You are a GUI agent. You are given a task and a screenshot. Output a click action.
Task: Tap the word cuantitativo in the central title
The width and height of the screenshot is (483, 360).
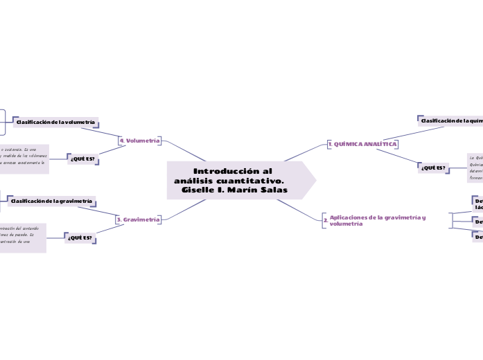pyautogui.click(x=249, y=180)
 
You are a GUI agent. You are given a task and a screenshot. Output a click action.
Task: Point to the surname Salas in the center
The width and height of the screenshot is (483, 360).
pyautogui.click(x=272, y=190)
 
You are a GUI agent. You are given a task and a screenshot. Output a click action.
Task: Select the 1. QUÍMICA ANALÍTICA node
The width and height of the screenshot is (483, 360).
pyautogui.click(x=362, y=144)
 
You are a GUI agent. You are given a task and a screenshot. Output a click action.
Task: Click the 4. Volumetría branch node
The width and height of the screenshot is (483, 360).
pyautogui.click(x=140, y=141)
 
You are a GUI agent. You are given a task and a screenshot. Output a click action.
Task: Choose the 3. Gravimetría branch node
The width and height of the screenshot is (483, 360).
pyautogui.click(x=139, y=219)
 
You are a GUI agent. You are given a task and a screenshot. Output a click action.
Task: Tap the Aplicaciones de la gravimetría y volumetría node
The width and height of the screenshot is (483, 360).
pyautogui.click(x=377, y=220)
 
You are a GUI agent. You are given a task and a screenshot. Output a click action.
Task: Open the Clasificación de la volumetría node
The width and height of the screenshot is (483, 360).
pyautogui.click(x=55, y=122)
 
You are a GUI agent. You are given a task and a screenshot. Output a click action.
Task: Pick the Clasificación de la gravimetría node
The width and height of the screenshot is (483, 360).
pyautogui.click(x=51, y=201)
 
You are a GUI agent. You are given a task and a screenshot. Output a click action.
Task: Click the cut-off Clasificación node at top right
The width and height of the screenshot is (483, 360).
pyautogui.click(x=451, y=120)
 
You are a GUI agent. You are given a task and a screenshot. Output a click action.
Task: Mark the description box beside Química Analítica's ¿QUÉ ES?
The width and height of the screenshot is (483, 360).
pyautogui.click(x=475, y=168)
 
